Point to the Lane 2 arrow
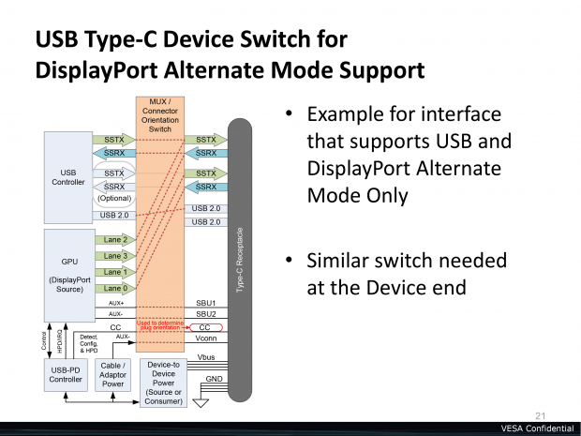click(116, 240)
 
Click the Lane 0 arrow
click(116, 288)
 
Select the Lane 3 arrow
click(116, 256)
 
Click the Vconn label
click(206, 339)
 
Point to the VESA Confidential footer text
click(536, 428)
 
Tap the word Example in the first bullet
click(349, 114)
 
